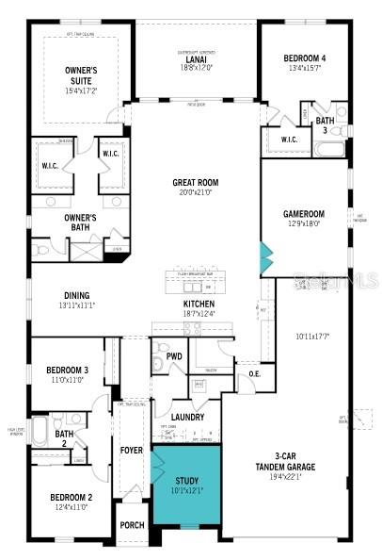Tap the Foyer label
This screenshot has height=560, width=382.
point(132,450)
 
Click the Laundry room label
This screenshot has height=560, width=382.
point(188,416)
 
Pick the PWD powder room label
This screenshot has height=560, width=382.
point(174,355)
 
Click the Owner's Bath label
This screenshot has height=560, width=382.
point(81,222)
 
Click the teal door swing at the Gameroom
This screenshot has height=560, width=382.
point(266,255)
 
